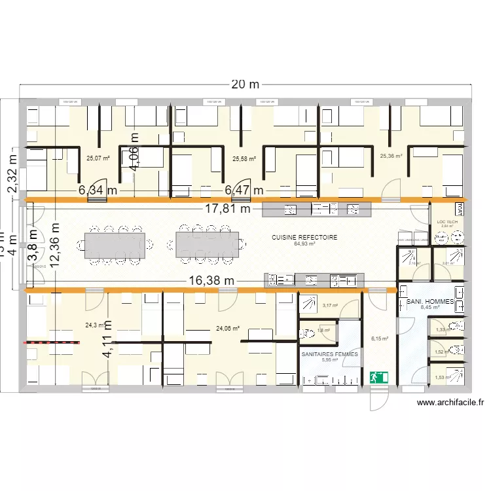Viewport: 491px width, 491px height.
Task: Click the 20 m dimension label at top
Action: [x=245, y=85]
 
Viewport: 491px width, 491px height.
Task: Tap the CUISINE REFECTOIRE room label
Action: [x=304, y=238]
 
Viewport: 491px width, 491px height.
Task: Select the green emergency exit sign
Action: [x=379, y=377]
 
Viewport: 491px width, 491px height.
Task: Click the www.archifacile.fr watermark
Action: [x=450, y=404]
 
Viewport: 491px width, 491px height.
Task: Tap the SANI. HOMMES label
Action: [x=430, y=301]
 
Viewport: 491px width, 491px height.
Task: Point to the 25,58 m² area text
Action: [x=244, y=158]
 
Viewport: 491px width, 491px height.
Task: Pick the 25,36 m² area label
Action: [x=391, y=156]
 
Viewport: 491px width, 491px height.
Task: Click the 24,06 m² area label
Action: [x=227, y=329]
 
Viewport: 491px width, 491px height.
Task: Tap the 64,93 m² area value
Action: [x=304, y=244]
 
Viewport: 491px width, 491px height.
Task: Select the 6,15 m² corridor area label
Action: [x=380, y=338]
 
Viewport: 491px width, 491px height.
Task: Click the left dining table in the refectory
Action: [x=115, y=244]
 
